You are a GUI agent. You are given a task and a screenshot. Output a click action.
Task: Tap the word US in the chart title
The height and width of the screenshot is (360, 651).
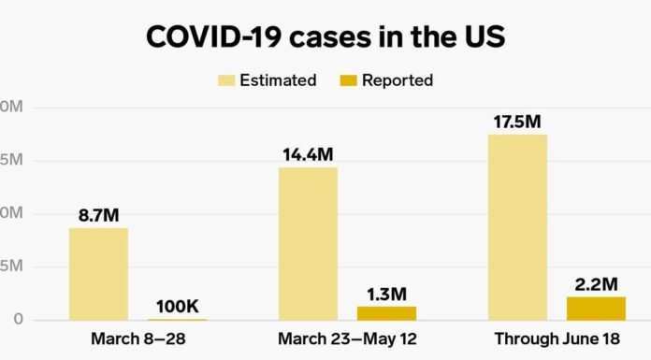point(483,38)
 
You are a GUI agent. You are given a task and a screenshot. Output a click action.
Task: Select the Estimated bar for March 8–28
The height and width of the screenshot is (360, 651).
point(98,274)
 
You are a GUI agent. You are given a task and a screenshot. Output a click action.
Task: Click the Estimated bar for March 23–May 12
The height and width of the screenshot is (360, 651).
point(308,244)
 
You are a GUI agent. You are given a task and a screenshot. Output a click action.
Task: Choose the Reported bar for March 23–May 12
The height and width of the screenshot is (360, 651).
point(385,313)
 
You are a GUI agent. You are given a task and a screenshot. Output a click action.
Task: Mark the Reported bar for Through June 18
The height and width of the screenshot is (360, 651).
point(595,309)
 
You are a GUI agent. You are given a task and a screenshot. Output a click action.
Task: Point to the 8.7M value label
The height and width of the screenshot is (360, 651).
point(98,215)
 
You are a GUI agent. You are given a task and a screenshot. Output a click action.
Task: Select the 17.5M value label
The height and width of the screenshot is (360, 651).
point(517,122)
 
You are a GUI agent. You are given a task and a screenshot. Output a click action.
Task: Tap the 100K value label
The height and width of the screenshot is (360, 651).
point(177,306)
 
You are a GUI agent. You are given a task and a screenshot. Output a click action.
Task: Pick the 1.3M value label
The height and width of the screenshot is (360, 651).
point(385,293)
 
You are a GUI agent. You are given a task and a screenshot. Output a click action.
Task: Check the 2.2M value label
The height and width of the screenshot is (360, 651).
point(595,283)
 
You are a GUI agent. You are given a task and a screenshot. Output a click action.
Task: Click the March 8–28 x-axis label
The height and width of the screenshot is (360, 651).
point(137,338)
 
